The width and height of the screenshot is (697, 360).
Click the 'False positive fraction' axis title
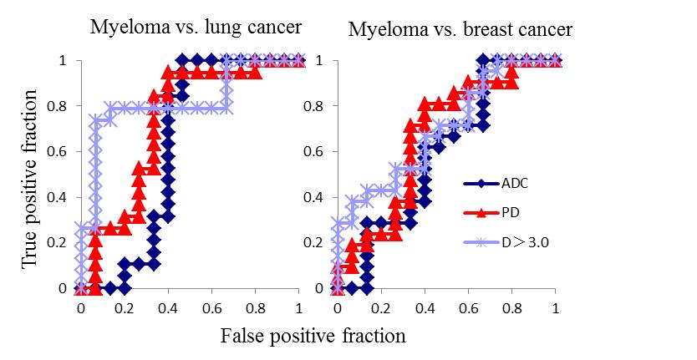313,336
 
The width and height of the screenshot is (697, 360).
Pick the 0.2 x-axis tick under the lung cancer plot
125,307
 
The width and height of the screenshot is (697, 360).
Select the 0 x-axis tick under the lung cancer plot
80,307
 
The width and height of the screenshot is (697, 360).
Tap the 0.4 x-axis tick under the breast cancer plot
425,307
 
